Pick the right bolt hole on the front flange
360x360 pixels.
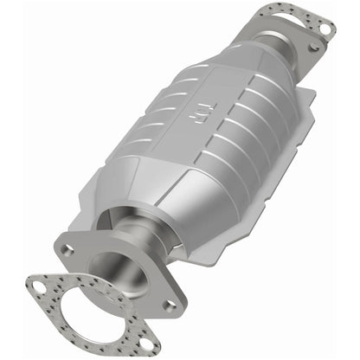click(170, 305)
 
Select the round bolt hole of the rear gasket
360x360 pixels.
click(325, 29)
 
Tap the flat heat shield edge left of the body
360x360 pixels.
click(95, 195)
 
